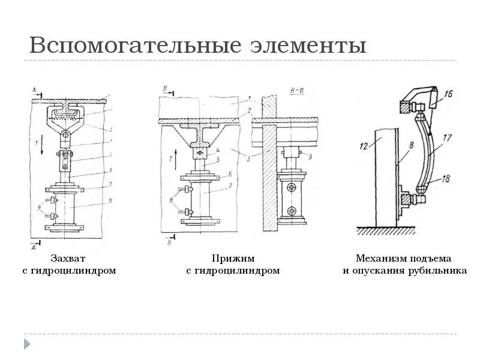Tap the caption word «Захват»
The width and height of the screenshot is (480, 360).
pos(68,259)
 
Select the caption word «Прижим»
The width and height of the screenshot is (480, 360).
pos(233,259)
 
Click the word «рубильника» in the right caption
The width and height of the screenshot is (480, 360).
pos(436,271)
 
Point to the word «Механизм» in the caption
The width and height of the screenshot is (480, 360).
pos(380,259)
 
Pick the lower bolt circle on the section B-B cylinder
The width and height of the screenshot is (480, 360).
pos(291,211)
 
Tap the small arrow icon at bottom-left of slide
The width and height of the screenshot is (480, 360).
pos(27,344)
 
